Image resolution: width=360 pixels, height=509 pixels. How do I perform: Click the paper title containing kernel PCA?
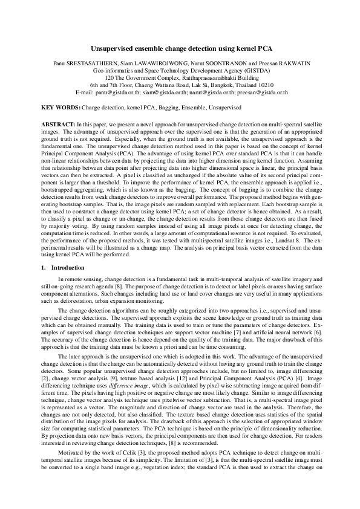(180, 47)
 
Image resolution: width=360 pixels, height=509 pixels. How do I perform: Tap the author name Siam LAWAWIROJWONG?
(143, 62)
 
